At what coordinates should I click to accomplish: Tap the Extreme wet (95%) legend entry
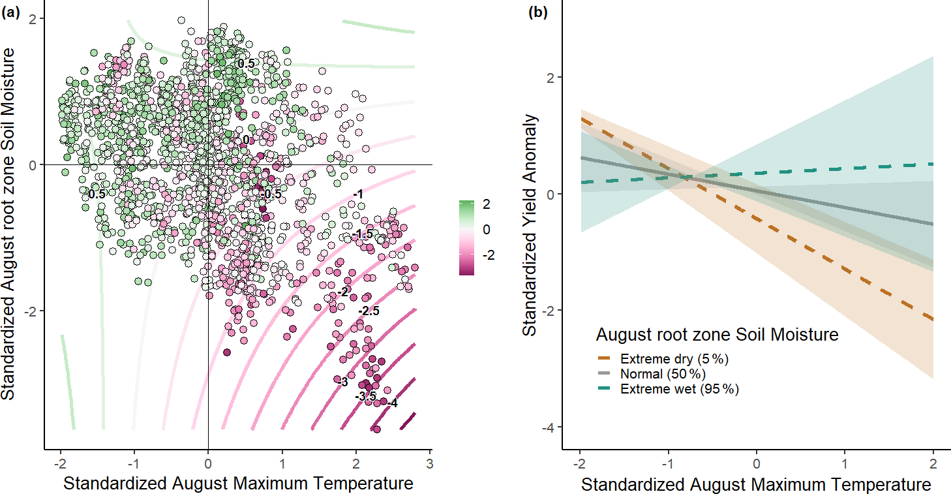click(x=678, y=390)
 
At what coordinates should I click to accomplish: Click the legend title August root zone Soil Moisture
click(x=717, y=335)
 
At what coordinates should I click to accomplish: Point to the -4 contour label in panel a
click(x=391, y=404)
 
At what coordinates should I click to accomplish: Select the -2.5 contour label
click(x=369, y=312)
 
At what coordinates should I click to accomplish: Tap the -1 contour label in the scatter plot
click(x=357, y=194)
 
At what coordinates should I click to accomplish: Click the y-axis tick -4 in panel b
click(x=548, y=427)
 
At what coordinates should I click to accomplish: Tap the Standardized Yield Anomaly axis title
click(x=530, y=225)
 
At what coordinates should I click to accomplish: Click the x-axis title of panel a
click(x=238, y=484)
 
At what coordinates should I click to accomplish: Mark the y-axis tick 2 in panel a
click(x=31, y=19)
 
